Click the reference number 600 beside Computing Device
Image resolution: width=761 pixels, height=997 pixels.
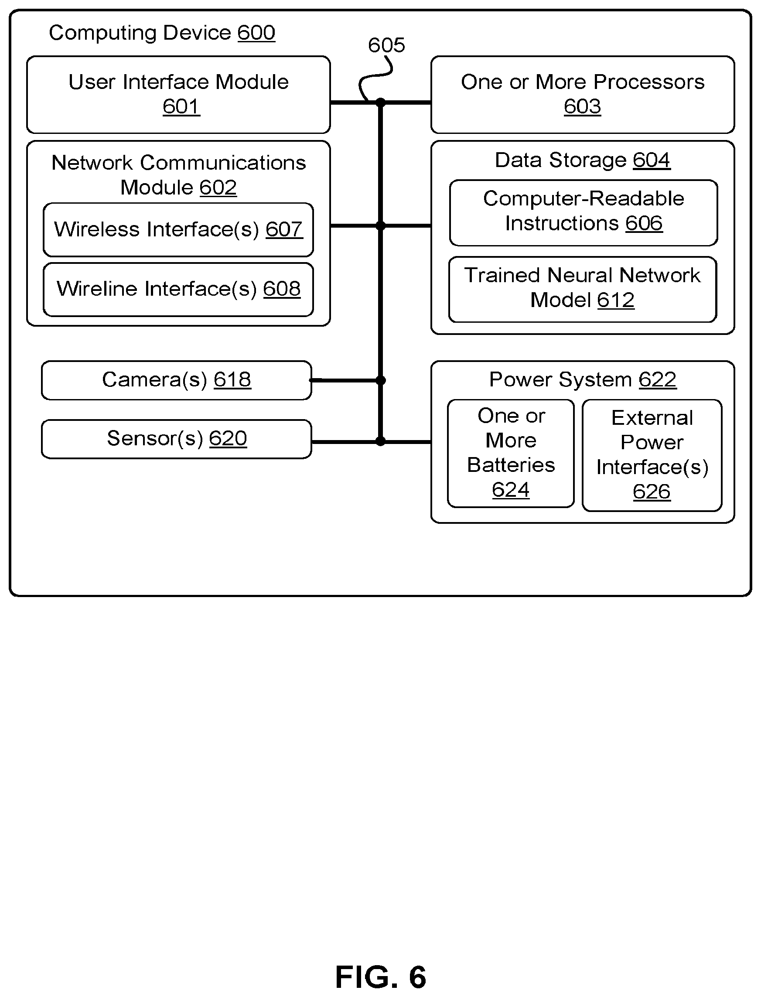point(256,33)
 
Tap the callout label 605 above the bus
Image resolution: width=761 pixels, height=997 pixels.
point(386,45)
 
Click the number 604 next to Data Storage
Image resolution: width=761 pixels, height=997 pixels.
point(652,160)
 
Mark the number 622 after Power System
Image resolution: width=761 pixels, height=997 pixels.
point(657,379)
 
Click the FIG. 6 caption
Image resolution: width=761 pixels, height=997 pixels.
point(380,977)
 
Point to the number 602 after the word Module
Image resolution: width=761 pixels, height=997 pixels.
point(218,188)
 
